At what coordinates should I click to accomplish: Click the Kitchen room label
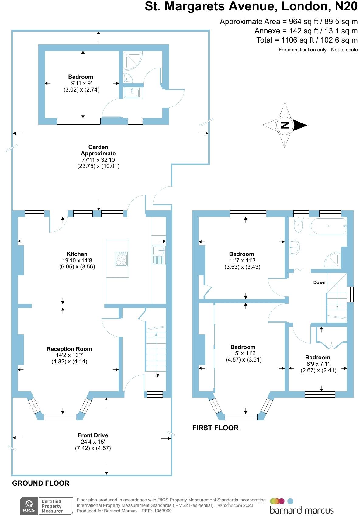tap(77, 254)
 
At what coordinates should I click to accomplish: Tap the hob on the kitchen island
tap(121, 259)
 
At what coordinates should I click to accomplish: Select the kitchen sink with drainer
tap(158, 255)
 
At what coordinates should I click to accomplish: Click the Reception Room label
tap(69, 349)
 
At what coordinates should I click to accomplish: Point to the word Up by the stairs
tap(156, 375)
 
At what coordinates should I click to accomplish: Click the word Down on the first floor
tap(319, 282)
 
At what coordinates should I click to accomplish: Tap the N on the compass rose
tap(285, 125)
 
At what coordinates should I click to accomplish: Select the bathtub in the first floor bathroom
tap(328, 226)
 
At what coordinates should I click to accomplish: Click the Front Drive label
tap(93, 435)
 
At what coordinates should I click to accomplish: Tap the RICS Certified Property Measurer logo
tap(47, 506)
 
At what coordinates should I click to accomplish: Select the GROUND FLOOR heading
tap(41, 483)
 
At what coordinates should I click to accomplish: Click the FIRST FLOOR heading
tap(215, 428)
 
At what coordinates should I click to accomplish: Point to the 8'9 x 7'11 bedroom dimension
tap(318, 364)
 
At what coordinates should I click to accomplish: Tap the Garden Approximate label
tap(98, 150)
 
